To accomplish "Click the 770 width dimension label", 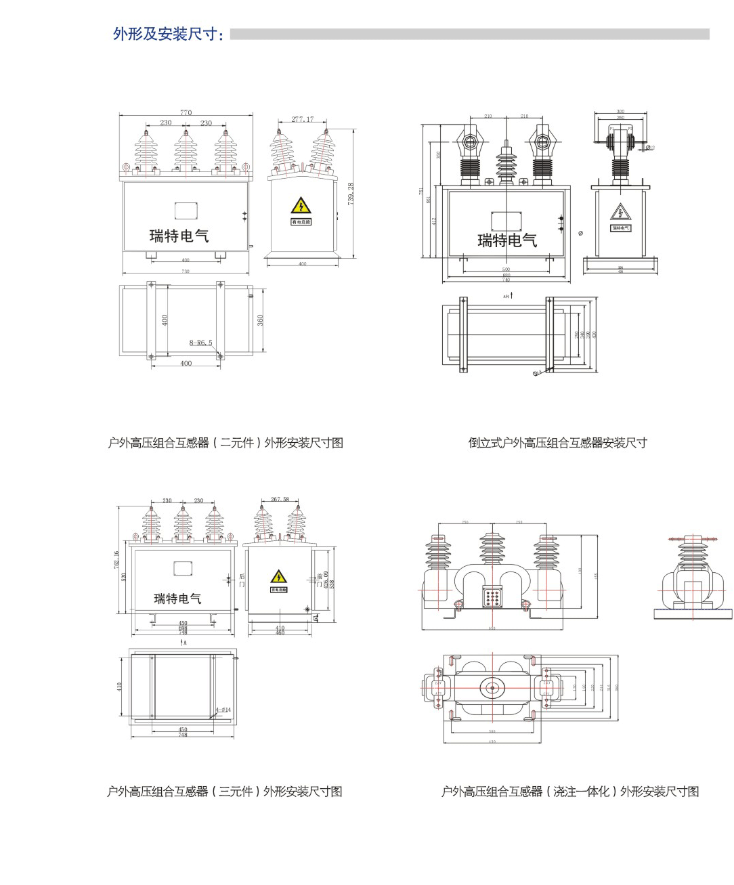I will click(186, 112).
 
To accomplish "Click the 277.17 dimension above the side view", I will click(303, 119).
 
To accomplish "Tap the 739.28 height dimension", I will click(351, 194).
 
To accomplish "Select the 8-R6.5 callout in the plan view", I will click(200, 343).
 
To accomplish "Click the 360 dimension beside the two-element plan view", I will click(261, 320).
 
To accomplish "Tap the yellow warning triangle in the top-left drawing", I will click(301, 206).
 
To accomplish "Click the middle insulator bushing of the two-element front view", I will click(186, 152).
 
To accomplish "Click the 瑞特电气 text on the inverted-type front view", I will click(507, 240).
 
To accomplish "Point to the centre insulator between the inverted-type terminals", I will click(506, 163).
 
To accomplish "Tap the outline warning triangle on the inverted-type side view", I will click(620, 213).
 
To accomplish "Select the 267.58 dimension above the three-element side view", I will click(280, 499).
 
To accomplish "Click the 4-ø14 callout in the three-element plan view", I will click(223, 710).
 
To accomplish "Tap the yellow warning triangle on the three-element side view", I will click(278, 577).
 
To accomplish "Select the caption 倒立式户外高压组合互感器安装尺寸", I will click(557, 443).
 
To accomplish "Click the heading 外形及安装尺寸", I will click(168, 34).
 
